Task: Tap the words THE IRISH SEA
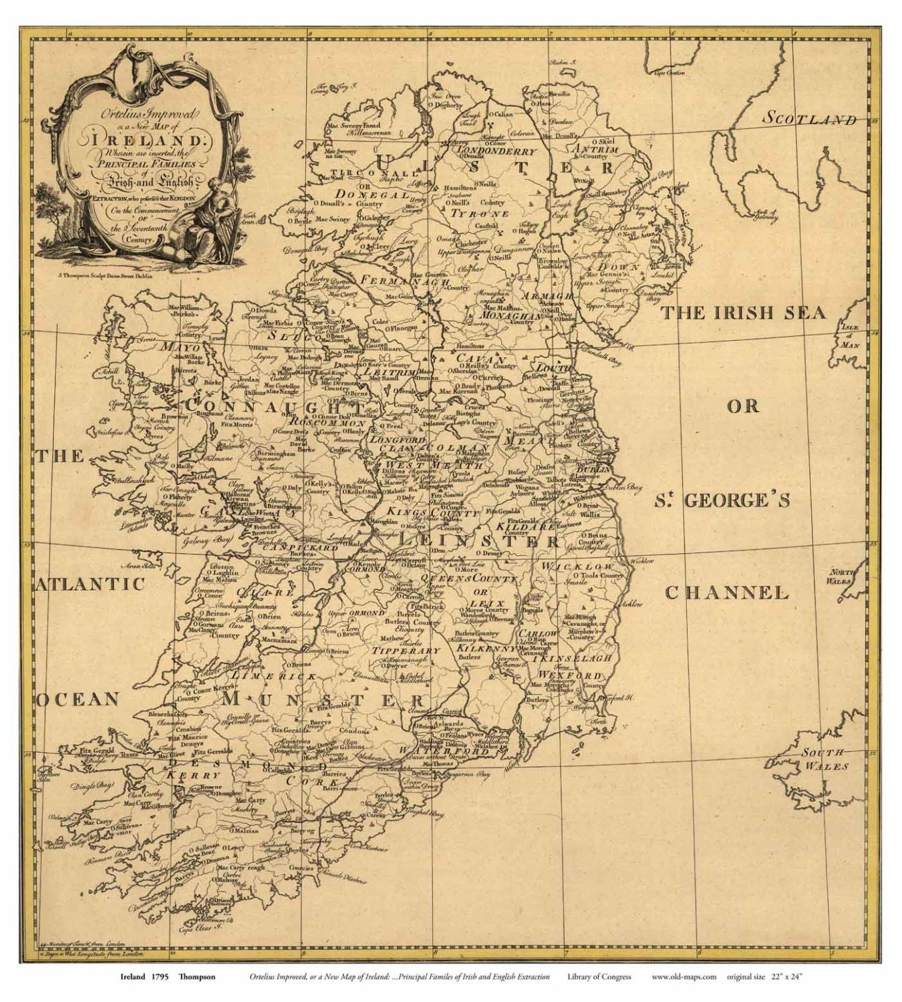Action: tap(743, 313)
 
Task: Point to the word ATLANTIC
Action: tap(90, 584)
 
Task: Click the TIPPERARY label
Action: tap(406, 651)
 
